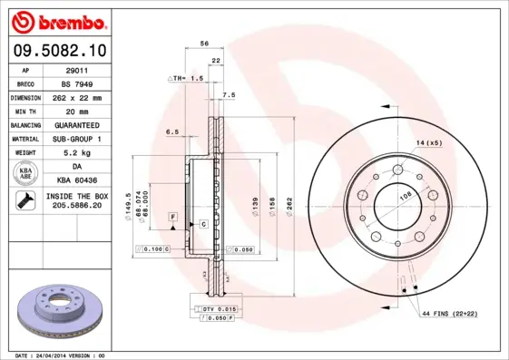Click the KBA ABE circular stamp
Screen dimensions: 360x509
click(x=25, y=173)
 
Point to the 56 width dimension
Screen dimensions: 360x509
click(x=205, y=43)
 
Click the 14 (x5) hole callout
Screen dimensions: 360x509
click(x=429, y=143)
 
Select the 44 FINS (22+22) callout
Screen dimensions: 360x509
click(x=448, y=313)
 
